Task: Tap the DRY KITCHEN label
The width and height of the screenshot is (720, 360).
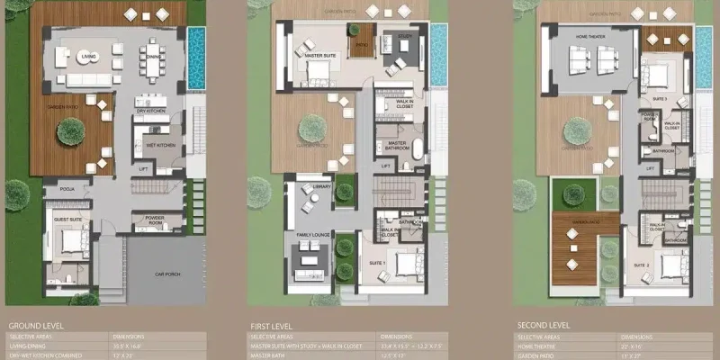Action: click(x=148, y=111)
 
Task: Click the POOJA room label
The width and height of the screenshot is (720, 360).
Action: click(x=67, y=190)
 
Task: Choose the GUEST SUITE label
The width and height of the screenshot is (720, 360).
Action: click(x=68, y=220)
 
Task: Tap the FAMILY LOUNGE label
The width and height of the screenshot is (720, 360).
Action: click(x=314, y=235)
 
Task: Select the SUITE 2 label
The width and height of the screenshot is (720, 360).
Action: click(x=641, y=265)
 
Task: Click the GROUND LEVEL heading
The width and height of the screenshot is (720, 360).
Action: click(x=34, y=325)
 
